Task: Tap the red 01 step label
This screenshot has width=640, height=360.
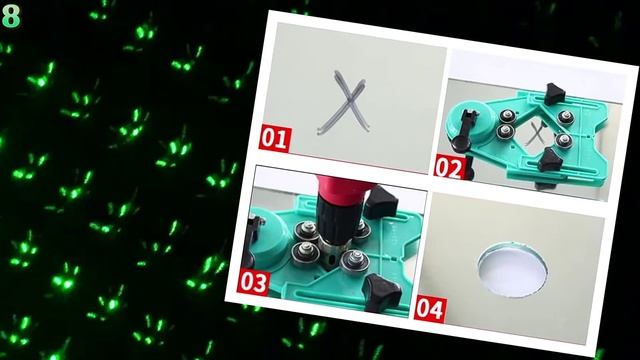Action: pyautogui.click(x=275, y=136)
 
